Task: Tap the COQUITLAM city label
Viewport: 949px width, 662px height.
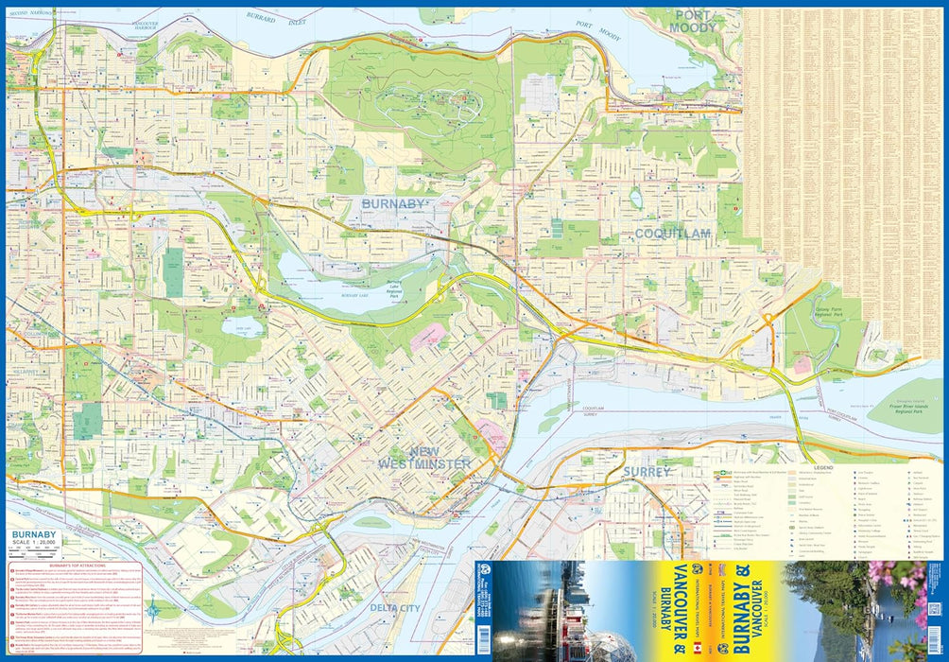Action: tap(672, 233)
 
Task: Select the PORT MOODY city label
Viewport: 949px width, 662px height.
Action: tap(694, 21)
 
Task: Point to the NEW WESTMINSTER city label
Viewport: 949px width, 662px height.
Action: tap(423, 458)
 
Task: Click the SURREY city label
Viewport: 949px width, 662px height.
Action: tap(647, 471)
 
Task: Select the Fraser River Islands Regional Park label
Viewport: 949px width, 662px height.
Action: tap(894, 409)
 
